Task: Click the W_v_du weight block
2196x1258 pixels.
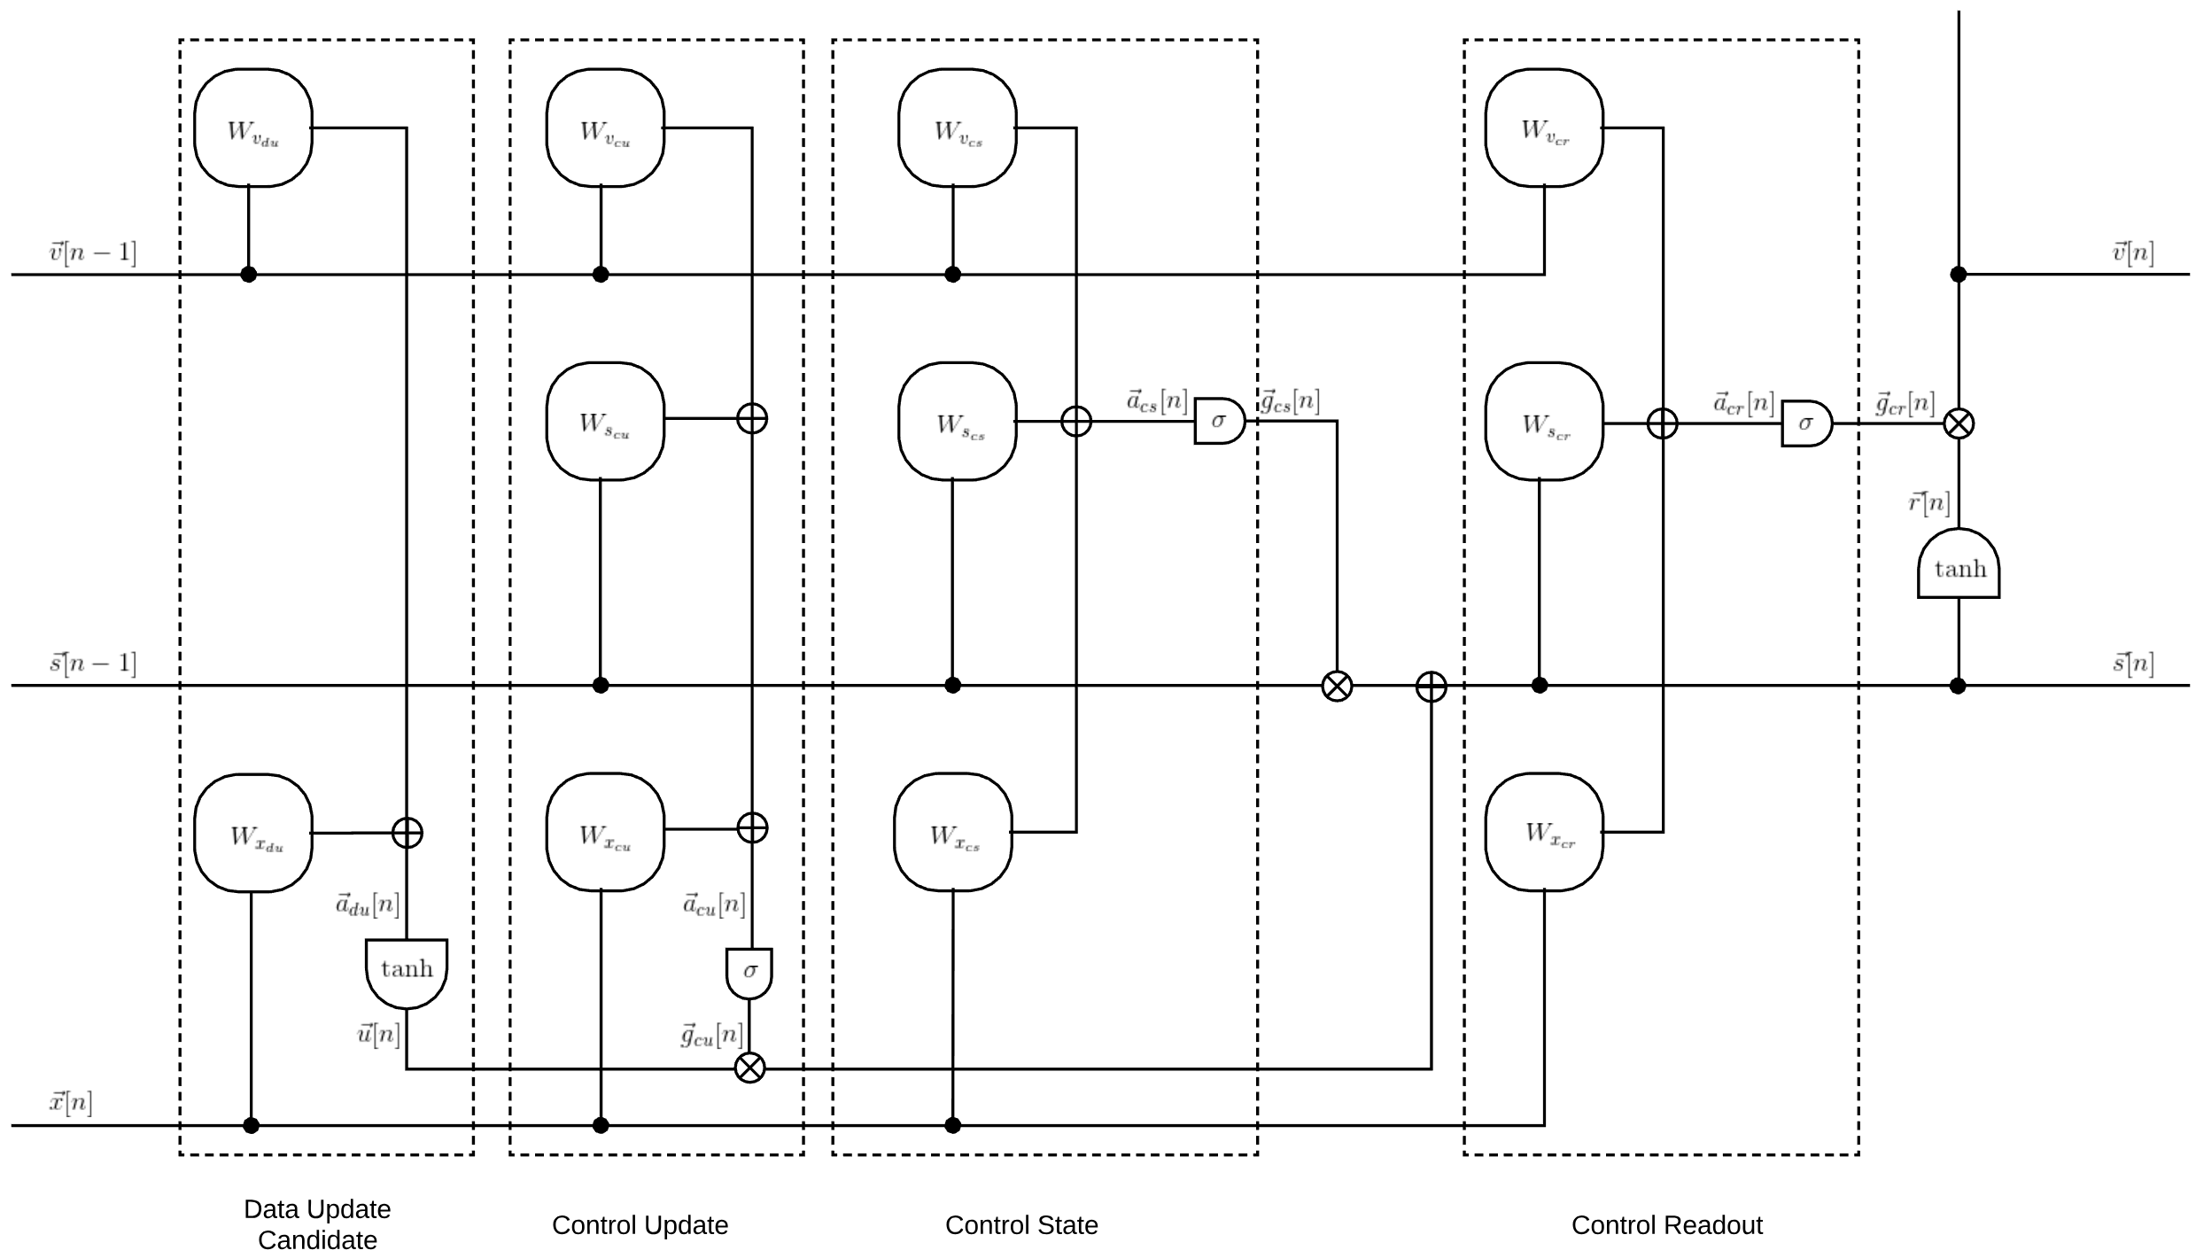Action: point(253,128)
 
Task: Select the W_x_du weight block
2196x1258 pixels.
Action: point(253,833)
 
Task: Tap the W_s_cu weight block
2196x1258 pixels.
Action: point(605,421)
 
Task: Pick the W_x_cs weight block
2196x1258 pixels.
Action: point(953,832)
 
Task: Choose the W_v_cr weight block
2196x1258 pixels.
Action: point(1544,128)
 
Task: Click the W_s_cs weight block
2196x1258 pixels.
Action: point(958,421)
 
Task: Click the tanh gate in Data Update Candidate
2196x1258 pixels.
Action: point(407,974)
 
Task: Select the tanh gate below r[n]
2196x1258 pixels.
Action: point(1959,563)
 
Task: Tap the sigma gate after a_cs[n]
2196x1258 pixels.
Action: point(1220,421)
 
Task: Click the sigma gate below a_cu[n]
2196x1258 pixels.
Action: point(749,974)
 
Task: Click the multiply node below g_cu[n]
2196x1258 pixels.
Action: point(750,1068)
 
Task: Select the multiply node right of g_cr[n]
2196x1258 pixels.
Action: point(1959,423)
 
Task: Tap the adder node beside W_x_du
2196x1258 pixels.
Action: point(407,833)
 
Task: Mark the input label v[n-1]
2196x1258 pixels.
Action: point(93,252)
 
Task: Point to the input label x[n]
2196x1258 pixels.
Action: point(71,1103)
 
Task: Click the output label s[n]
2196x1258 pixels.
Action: point(2133,663)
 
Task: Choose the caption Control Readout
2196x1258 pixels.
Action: point(1666,1225)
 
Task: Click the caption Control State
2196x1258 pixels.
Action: point(1021,1225)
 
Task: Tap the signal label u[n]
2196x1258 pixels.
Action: point(378,1034)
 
